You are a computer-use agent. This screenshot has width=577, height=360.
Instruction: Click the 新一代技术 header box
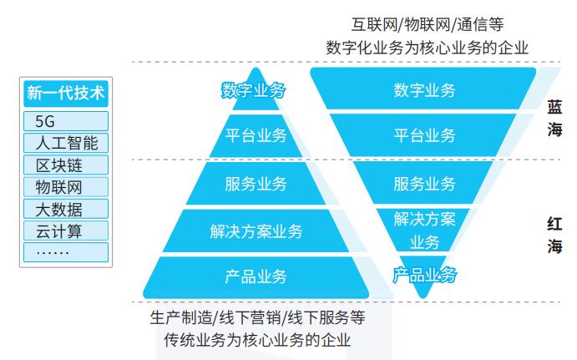[x=66, y=93]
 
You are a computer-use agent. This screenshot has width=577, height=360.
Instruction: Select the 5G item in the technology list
[x=66, y=121]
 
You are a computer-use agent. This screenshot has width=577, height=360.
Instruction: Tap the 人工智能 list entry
[x=66, y=143]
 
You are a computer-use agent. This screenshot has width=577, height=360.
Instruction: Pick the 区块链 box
[x=66, y=165]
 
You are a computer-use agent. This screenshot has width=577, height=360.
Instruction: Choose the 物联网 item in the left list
[x=66, y=186]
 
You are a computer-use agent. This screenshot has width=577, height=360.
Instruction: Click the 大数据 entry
[x=66, y=208]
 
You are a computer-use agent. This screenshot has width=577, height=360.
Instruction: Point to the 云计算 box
[x=66, y=230]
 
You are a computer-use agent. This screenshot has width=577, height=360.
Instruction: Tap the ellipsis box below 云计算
[x=66, y=251]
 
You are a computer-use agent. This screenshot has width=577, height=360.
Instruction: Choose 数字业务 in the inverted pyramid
[x=424, y=90]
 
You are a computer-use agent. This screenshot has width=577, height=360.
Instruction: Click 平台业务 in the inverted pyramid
[x=424, y=135]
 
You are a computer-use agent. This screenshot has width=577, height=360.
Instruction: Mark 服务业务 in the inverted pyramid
[x=424, y=184]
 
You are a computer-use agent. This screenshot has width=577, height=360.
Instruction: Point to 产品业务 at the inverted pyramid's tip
[x=424, y=274]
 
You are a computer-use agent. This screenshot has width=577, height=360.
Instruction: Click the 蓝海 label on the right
[x=554, y=119]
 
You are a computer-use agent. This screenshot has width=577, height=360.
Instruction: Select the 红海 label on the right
[x=554, y=235]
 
